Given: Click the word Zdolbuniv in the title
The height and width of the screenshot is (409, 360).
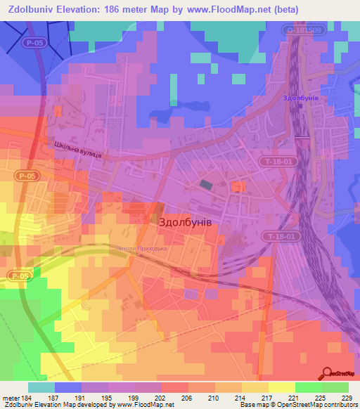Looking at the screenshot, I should tap(29, 9).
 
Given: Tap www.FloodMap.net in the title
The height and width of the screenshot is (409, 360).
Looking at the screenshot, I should tap(226, 9).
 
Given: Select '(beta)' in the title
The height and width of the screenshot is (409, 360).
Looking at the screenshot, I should tap(283, 9).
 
